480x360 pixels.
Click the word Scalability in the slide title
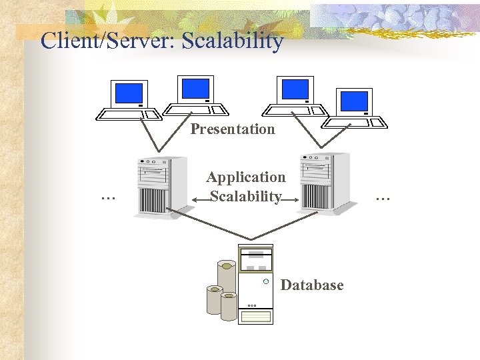click(x=233, y=41)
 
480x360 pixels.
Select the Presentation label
click(x=232, y=129)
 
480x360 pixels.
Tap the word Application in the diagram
click(x=245, y=177)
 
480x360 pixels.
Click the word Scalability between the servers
click(x=245, y=197)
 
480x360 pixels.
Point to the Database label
click(x=312, y=285)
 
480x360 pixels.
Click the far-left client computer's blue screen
click(x=129, y=93)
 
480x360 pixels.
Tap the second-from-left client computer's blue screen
click(x=195, y=88)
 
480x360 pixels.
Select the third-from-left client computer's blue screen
click(x=295, y=89)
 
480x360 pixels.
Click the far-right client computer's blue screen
click(x=354, y=101)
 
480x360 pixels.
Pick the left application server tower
click(x=160, y=186)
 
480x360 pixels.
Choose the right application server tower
click(x=324, y=182)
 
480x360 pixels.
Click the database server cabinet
click(x=256, y=283)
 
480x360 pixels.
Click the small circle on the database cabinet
click(x=265, y=282)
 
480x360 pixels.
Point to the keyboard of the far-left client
click(x=129, y=115)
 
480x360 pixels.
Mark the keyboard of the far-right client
click(x=355, y=122)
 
